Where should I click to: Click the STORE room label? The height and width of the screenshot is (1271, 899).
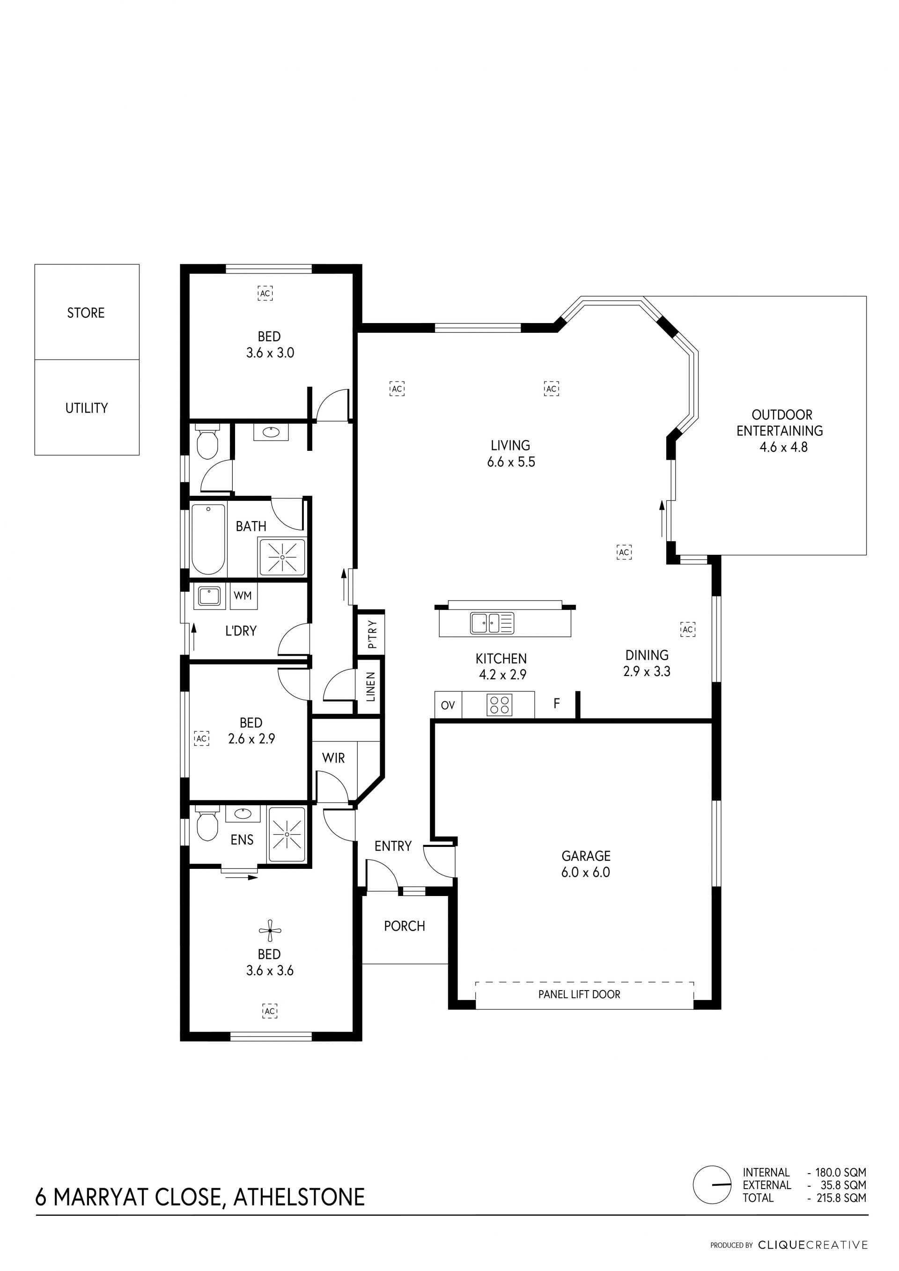click(86, 313)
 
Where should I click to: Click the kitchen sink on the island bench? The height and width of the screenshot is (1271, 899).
click(492, 623)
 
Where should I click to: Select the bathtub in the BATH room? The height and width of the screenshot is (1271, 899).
click(209, 540)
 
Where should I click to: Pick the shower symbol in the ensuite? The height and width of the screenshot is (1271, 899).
click(287, 834)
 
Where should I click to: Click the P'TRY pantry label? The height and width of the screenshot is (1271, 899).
click(372, 634)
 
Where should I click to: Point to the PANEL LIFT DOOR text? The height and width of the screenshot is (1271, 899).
click(579, 994)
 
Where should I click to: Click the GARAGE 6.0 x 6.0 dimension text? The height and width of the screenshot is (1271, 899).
click(586, 873)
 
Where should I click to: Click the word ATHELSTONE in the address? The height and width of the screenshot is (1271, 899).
click(299, 1198)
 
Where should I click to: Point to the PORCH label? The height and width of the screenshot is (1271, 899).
click(405, 926)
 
